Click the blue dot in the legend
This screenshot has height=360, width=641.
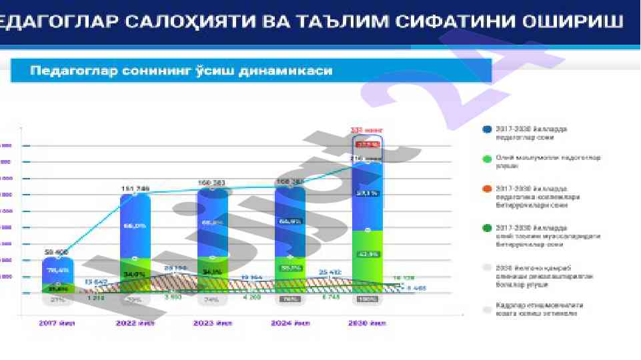pyautogui.click(x=487, y=129)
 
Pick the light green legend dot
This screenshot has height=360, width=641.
pyautogui.click(x=487, y=159)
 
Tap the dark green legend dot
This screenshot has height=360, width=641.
pyautogui.click(x=487, y=230)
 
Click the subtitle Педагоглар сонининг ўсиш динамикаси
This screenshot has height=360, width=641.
pyautogui.click(x=181, y=70)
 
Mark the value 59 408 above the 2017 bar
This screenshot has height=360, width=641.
pyautogui.click(x=57, y=252)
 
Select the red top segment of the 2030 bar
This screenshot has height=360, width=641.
pyautogui.click(x=367, y=144)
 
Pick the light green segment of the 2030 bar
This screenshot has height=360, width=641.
pyautogui.click(x=367, y=257)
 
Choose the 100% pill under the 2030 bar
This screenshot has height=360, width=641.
pyautogui.click(x=367, y=299)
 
